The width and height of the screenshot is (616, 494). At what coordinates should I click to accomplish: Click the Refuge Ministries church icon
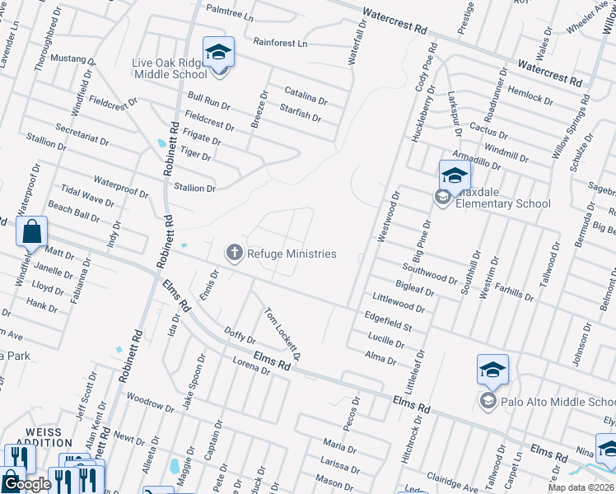pos(235,253)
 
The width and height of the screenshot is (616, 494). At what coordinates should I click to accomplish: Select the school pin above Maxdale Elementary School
pos(454,175)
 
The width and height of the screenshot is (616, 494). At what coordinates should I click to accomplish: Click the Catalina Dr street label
pos(306,96)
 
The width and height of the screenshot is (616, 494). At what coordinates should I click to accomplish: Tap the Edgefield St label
pos(388,321)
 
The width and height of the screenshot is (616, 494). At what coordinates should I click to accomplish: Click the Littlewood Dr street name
pos(399,302)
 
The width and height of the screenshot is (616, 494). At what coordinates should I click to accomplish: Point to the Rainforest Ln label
pos(279,42)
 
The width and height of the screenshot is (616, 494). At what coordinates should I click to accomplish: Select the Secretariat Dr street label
pos(82,135)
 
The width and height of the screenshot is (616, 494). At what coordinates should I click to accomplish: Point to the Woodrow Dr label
pos(149,403)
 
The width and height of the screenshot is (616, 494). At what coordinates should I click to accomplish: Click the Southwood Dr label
pos(430,273)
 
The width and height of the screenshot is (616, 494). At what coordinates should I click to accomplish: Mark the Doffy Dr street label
pos(240,336)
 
